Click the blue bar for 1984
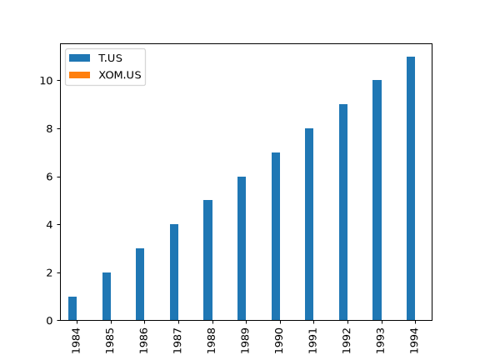[72, 308]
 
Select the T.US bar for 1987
[174, 272]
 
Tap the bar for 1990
[276, 237]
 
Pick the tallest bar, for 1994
[411, 188]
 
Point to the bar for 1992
[343, 212]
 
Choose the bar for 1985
[107, 297]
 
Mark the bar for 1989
[242, 248]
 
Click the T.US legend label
[110, 58]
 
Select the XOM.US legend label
[120, 75]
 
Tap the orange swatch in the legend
[80, 75]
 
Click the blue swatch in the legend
[80, 57]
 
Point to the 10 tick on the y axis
[46, 81]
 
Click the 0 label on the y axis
[50, 321]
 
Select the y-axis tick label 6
[50, 177]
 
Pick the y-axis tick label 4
[50, 225]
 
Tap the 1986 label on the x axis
[143, 341]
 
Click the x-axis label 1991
[312, 341]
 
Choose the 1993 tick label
[380, 341]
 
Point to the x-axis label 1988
[211, 341]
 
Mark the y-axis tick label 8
[50, 129]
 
